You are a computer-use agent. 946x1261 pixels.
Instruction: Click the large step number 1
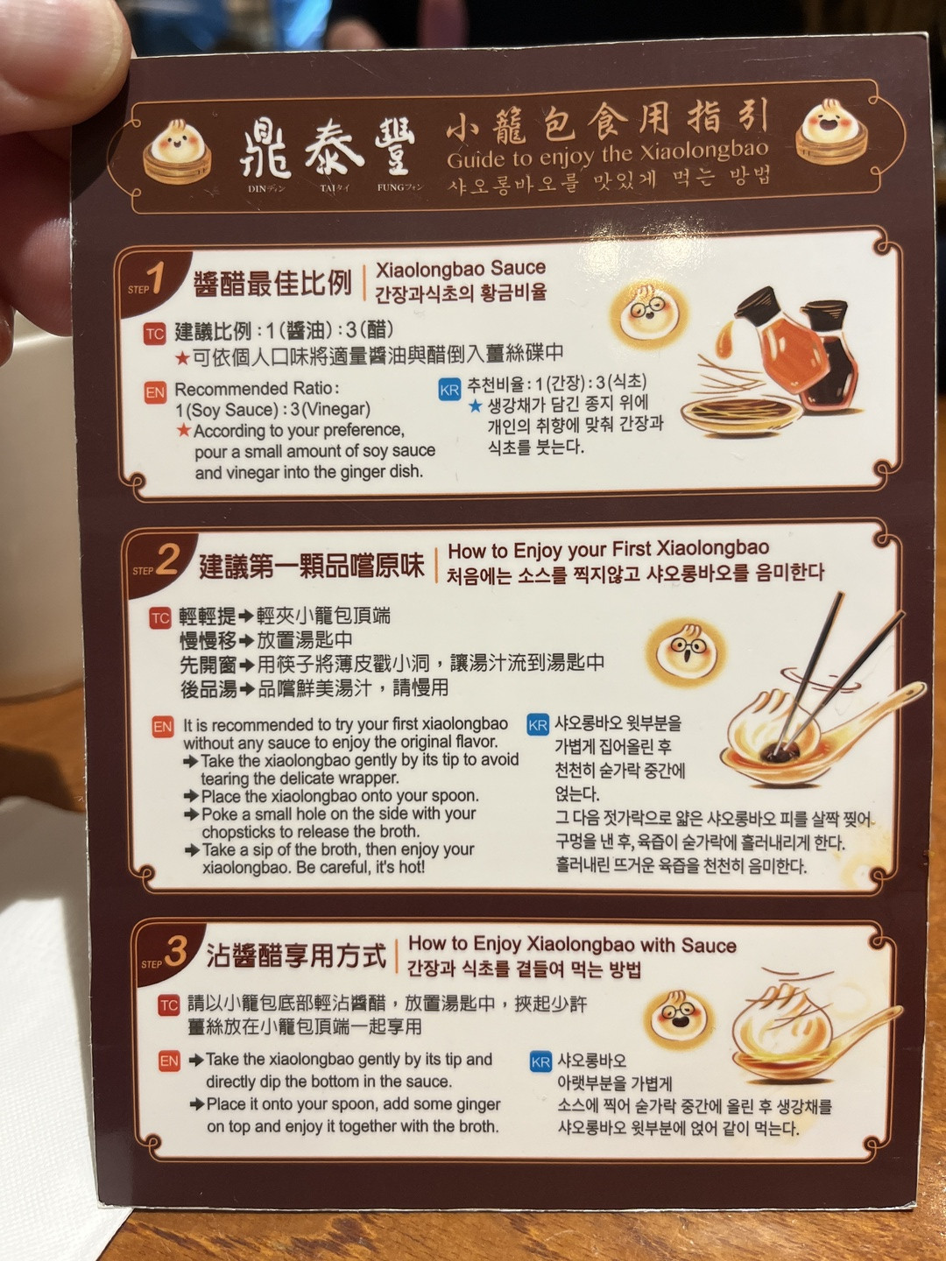[156, 279]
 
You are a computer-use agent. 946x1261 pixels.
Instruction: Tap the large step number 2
[166, 560]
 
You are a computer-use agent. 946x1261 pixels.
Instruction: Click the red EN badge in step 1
[155, 393]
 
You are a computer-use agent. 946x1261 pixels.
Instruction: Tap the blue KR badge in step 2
[538, 724]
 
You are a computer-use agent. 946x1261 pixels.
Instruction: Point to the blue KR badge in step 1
[448, 390]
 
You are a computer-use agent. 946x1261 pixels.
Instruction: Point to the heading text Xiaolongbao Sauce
[460, 268]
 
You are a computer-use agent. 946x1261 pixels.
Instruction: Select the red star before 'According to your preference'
[183, 430]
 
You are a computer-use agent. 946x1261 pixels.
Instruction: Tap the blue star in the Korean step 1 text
[475, 406]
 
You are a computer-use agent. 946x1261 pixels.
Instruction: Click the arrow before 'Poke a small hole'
[192, 814]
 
